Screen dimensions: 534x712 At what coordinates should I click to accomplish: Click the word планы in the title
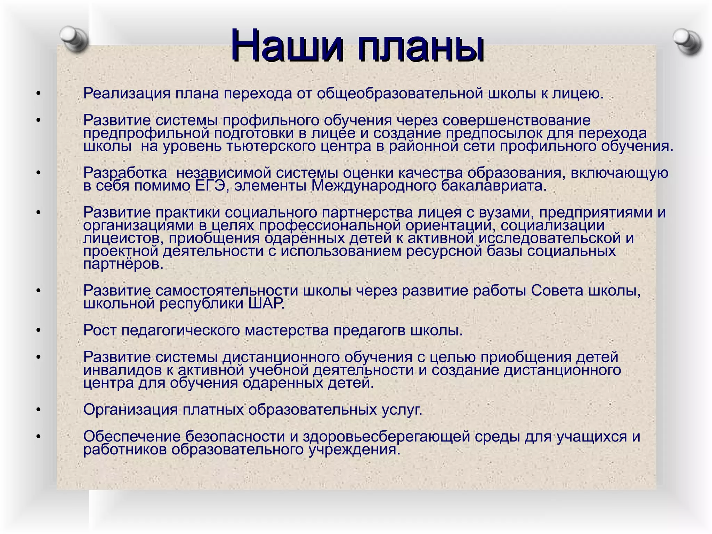pyautogui.click(x=421, y=48)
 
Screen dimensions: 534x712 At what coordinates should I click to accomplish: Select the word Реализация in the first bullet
pyautogui.click(x=127, y=94)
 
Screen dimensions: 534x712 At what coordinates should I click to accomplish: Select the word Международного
pyautogui.click(x=373, y=186)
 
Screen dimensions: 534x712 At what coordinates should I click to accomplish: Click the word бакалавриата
pyautogui.click(x=494, y=186)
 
